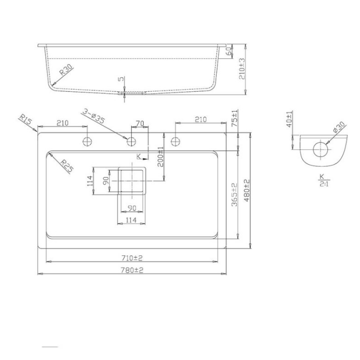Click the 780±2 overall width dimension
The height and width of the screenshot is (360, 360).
[x=132, y=270]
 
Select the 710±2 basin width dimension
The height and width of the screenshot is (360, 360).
[x=132, y=258]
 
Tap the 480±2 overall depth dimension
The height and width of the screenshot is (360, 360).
[x=247, y=191]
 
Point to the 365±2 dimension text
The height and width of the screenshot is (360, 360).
[x=234, y=195]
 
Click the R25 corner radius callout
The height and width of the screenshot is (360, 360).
[x=67, y=166]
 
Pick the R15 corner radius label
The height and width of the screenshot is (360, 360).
[x=25, y=120]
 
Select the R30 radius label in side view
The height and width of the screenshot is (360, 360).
[x=66, y=70]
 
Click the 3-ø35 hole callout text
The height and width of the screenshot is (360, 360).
[x=93, y=116]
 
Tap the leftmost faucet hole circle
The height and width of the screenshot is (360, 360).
[x=87, y=141]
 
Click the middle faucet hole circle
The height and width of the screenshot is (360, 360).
[x=131, y=141]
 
